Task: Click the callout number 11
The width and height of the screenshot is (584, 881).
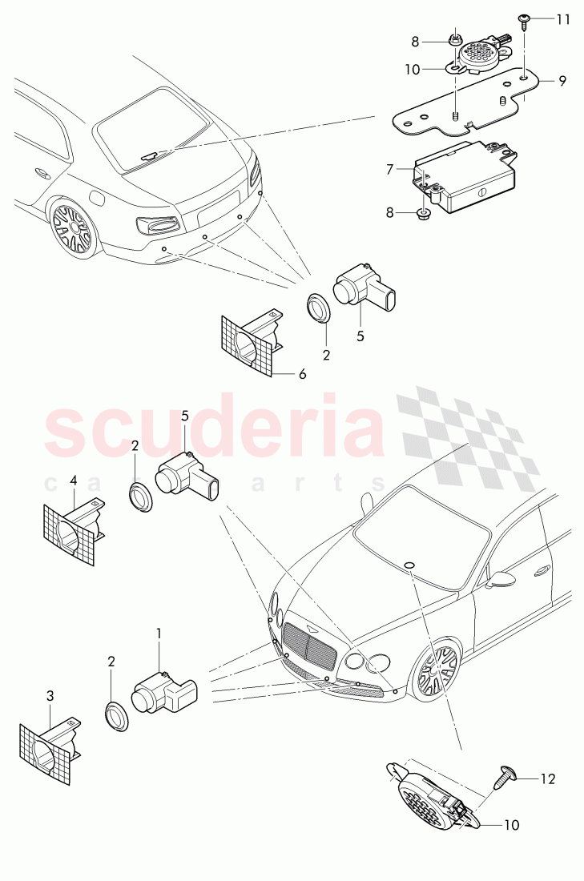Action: [x=563, y=18]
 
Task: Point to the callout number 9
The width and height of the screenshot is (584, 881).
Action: [x=562, y=80]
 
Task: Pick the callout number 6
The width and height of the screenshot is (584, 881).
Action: [x=301, y=373]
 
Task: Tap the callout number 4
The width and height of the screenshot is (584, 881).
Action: [x=74, y=481]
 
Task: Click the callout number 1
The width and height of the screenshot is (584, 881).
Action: [x=159, y=633]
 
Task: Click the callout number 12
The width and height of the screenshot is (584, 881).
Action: [x=548, y=778]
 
